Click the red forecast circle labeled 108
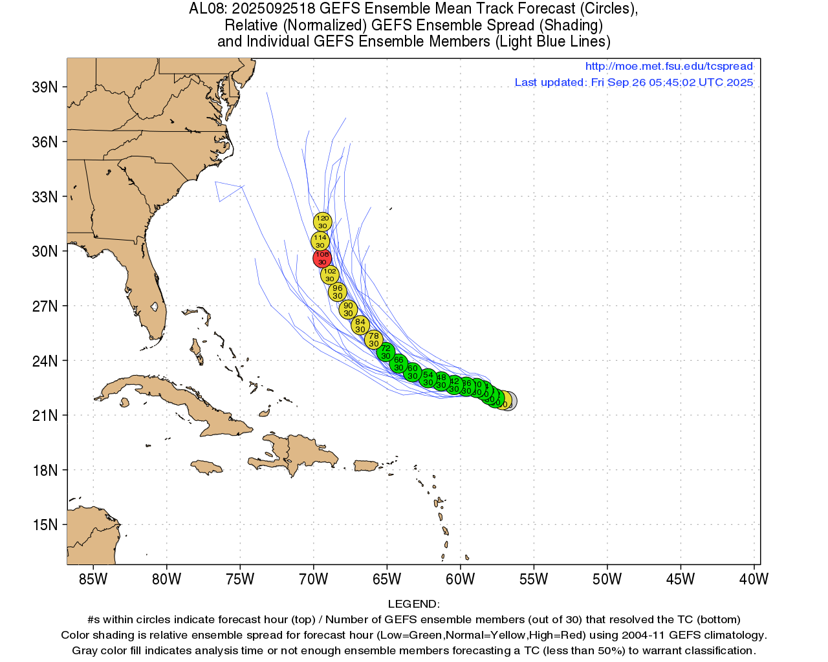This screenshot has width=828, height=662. point(322,258)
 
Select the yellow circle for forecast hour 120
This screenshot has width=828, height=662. point(322,222)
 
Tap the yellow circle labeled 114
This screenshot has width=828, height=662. point(320,241)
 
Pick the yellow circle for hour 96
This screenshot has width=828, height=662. point(337,292)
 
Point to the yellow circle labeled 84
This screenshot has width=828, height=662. point(360,325)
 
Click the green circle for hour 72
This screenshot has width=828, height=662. point(386,352)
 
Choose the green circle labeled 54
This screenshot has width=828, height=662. point(428,378)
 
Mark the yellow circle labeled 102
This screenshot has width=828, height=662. point(330,275)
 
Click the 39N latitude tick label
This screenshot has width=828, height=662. point(45,87)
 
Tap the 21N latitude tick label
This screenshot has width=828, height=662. point(45,415)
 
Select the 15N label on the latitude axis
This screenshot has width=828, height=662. point(45,524)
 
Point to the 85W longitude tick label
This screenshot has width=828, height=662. point(93,579)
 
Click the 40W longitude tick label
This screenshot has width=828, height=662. point(754,579)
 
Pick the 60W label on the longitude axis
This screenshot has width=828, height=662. point(460,579)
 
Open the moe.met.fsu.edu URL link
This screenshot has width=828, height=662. point(669,66)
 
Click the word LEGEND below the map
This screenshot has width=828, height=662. point(413,604)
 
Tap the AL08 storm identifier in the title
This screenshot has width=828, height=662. point(207,9)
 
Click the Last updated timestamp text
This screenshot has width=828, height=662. point(633,82)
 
